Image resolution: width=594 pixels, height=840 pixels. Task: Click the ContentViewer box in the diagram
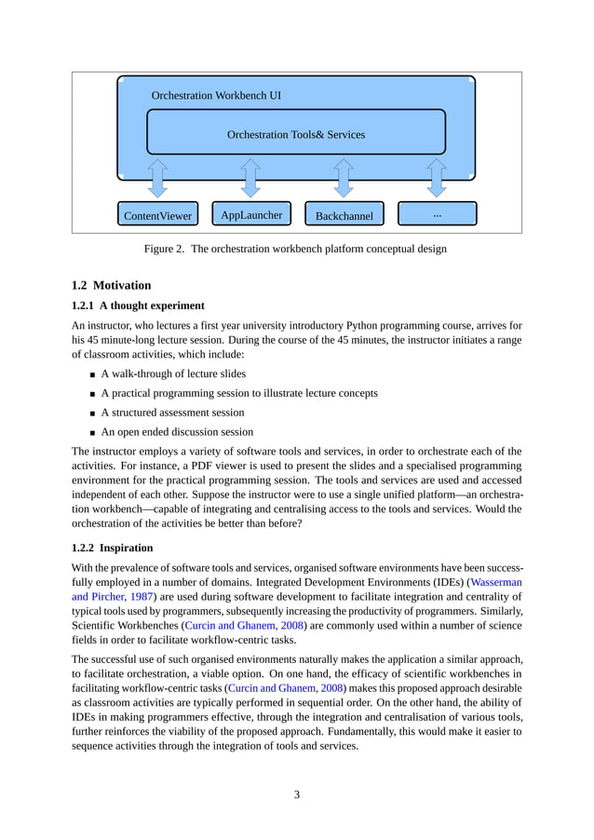157,215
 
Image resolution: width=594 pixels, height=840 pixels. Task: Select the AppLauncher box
251,214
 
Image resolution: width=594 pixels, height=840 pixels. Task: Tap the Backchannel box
344,215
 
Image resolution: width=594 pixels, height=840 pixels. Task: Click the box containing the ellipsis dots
437,214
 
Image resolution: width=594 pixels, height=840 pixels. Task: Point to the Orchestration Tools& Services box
296,133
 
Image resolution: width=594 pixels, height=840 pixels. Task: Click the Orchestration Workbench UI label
216,95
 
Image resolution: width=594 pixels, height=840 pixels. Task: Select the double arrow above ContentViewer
157,177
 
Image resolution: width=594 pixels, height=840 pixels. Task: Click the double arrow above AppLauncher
250,177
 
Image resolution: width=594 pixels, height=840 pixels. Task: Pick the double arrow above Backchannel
344,177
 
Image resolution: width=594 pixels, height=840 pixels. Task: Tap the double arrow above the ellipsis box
437,177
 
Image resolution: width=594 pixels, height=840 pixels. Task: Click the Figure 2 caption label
164,249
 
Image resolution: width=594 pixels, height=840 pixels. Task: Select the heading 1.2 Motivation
111,285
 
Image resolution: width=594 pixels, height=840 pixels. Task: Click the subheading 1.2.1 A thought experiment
138,305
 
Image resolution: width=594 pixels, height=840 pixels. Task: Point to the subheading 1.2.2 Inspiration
113,548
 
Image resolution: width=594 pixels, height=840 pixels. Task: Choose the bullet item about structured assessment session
172,413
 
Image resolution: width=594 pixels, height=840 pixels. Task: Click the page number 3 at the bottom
296,794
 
